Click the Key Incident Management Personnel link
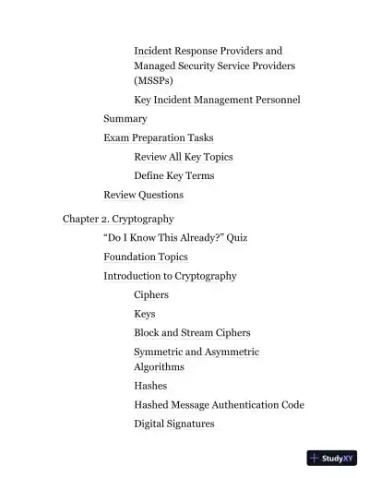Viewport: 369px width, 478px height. [217, 100]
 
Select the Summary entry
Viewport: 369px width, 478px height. [125, 119]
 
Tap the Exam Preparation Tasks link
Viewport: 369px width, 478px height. [158, 137]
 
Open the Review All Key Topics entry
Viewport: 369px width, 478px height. [183, 157]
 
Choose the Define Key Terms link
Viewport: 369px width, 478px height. [173, 175]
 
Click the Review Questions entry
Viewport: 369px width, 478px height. [143, 195]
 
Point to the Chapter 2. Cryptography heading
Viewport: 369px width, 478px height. [118, 219]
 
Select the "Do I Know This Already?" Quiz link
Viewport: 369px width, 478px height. [175, 238]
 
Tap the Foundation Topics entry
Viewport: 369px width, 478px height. [145, 257]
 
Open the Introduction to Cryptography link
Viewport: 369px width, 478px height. [170, 276]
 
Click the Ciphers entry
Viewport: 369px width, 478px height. [151, 295]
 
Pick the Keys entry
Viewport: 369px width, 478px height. [145, 314]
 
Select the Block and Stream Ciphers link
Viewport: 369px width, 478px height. [192, 332]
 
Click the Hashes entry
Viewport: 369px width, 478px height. [150, 386]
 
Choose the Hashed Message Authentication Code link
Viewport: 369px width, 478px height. [219, 404]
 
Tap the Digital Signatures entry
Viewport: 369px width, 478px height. [174, 424]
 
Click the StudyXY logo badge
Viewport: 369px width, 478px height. [331, 458]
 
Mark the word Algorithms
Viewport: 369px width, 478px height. [159, 366]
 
